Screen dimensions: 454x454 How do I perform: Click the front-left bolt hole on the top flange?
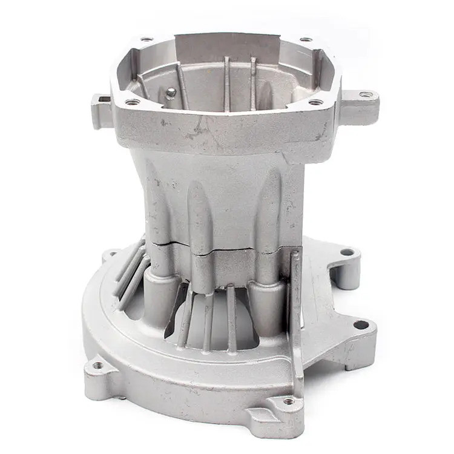(x=133, y=102)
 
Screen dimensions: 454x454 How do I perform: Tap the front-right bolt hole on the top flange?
(x=316, y=102)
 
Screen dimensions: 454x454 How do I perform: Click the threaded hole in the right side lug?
(x=365, y=94)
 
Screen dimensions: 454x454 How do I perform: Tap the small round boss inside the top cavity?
(x=171, y=92)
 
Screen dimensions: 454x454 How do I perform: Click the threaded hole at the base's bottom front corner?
(x=288, y=401)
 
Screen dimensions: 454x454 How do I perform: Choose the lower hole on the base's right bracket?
(x=361, y=325)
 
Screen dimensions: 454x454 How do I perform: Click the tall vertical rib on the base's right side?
(x=295, y=303)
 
